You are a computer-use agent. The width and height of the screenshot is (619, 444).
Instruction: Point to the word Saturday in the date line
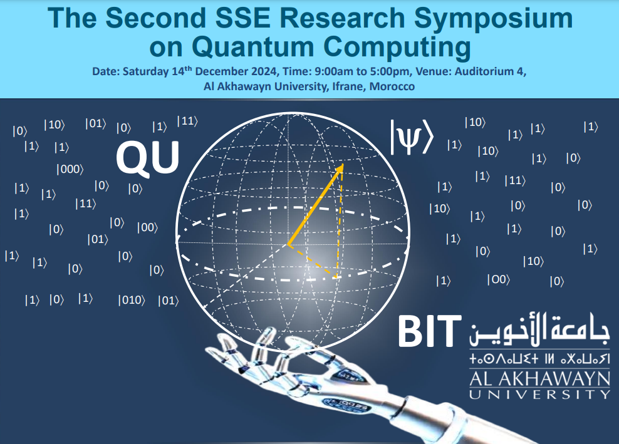[x=145, y=72]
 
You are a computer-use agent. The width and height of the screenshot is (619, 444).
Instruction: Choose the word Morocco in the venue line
[x=392, y=87]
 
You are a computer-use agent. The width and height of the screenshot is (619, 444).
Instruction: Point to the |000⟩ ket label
[x=70, y=168]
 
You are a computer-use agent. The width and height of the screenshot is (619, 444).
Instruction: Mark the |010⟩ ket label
[x=131, y=301]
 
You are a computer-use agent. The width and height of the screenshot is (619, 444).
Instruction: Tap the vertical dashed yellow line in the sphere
[x=340, y=225]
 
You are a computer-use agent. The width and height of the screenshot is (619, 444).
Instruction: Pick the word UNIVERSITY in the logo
[x=539, y=394]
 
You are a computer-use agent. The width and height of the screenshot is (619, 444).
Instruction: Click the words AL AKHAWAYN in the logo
[x=539, y=378]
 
